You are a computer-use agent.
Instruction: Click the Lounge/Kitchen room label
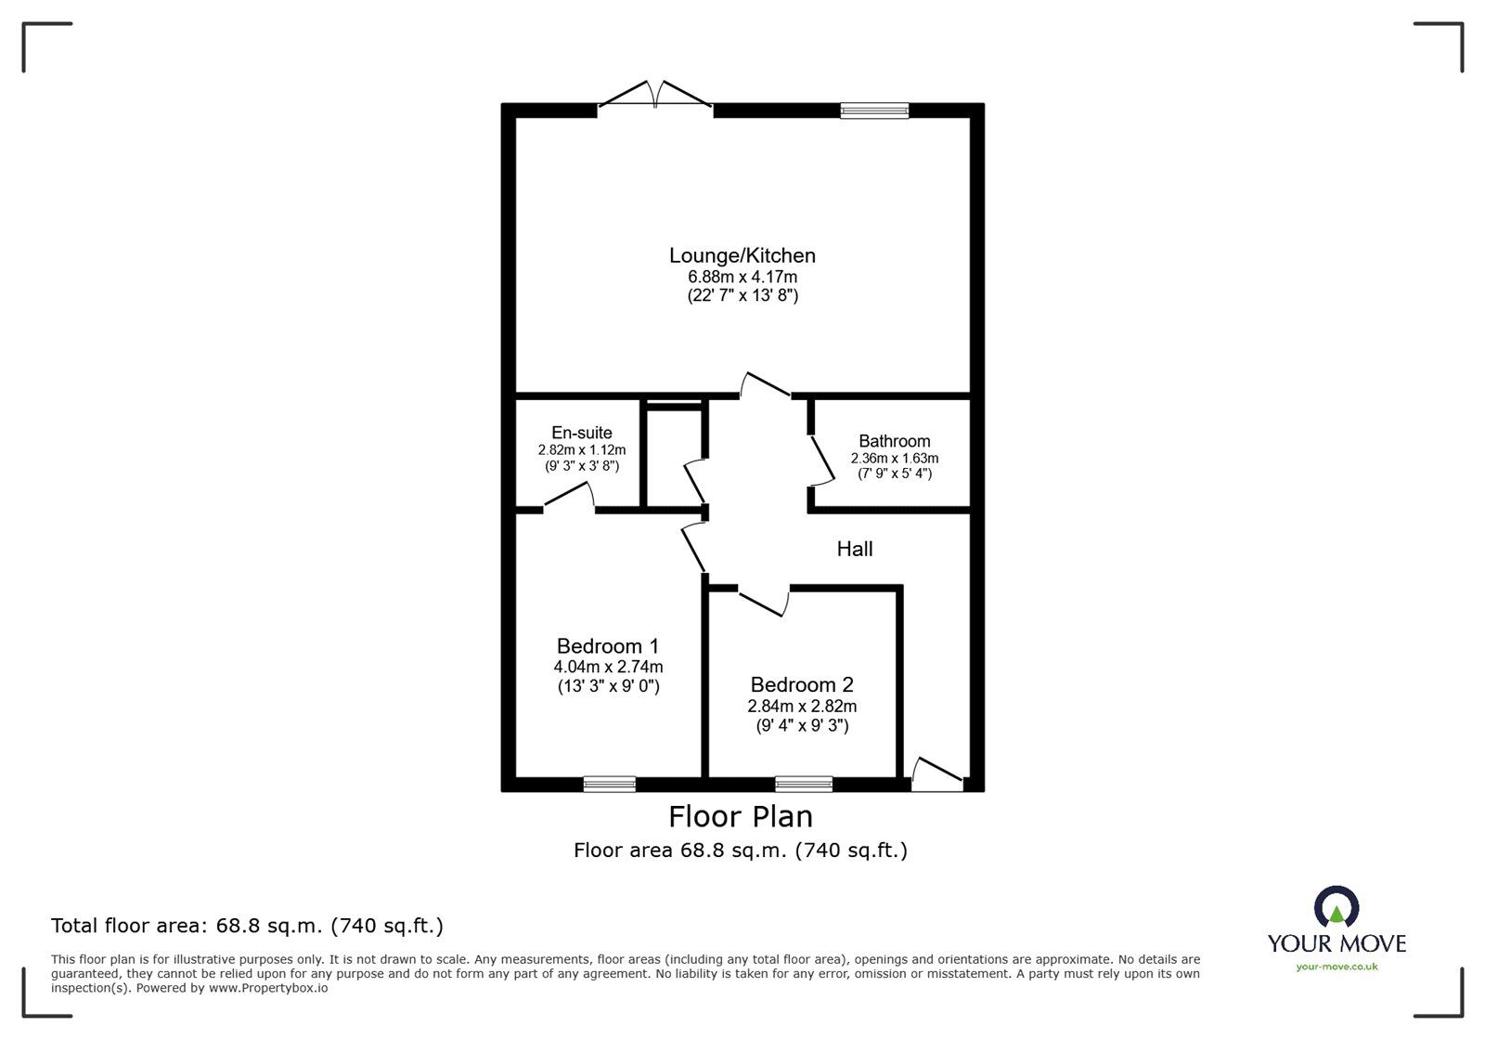tap(742, 255)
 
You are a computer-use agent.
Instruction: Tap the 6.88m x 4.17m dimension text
tap(742, 277)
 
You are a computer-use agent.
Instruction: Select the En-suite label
tap(581, 433)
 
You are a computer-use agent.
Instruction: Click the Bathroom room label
tap(894, 441)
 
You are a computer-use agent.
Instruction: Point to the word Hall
tap(854, 549)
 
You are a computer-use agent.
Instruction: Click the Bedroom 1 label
tap(608, 646)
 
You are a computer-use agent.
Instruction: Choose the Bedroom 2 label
tap(802, 685)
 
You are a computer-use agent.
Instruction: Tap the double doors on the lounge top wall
tap(655, 97)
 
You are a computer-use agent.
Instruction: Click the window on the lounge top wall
tap(874, 110)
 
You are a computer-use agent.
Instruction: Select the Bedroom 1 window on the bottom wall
tap(610, 785)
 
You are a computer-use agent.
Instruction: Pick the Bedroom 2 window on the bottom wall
tap(804, 785)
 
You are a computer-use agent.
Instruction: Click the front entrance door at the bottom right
tap(937, 776)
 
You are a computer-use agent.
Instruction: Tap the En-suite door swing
tap(569, 499)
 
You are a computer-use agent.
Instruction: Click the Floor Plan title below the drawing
tap(741, 817)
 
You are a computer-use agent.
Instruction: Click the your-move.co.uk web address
tap(1336, 967)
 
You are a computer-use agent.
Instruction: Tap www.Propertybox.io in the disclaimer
tap(267, 988)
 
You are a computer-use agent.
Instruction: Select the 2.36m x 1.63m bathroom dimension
tap(894, 458)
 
